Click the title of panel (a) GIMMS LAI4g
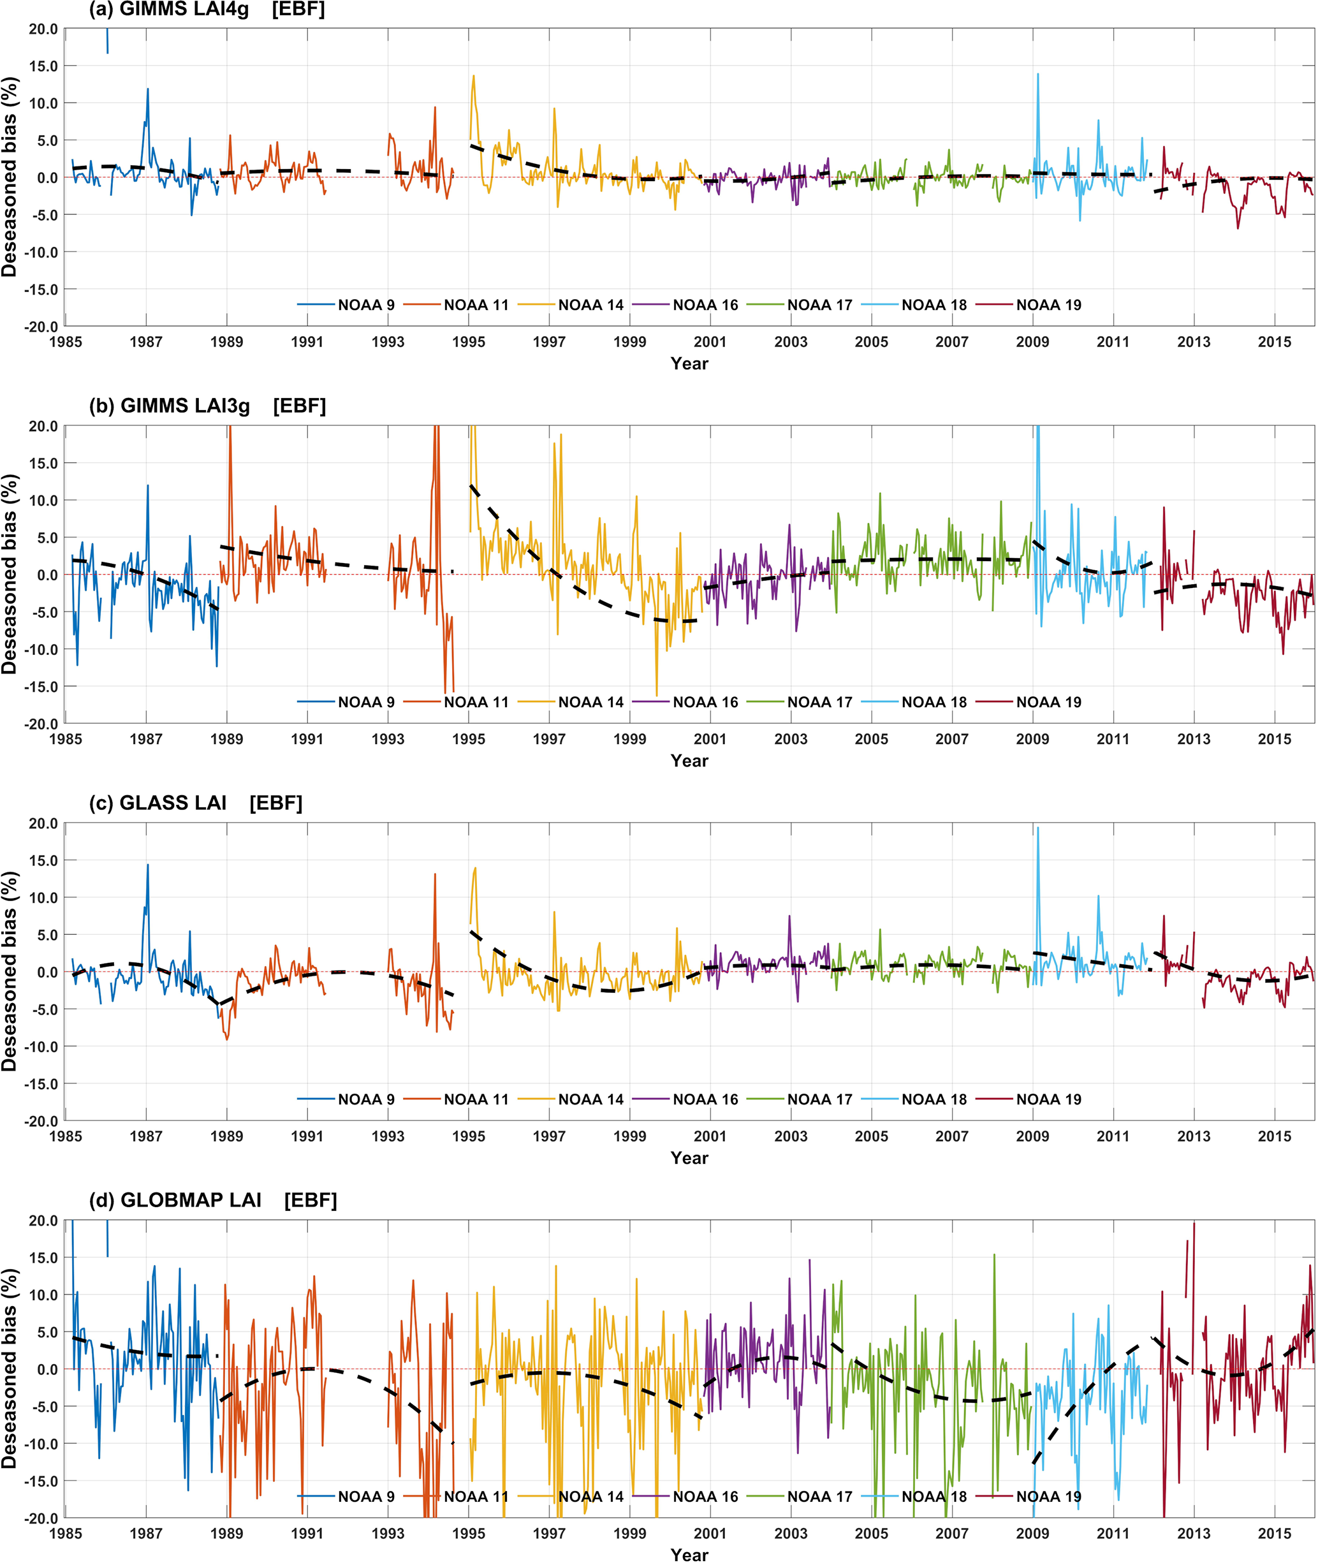coord(206,10)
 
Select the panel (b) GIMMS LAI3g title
coord(207,406)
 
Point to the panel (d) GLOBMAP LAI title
coord(212,1200)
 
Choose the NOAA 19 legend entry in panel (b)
coord(1048,702)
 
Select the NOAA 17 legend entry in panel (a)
coord(819,305)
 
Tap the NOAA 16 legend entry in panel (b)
coord(705,702)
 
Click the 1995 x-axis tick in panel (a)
coord(469,342)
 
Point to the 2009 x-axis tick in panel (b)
coord(1032,739)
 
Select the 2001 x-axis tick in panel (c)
coord(710,1136)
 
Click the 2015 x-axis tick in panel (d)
coord(1274,1533)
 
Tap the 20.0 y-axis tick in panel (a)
coord(43,29)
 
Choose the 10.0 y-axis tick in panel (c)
coord(43,897)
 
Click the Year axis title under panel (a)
coord(689,364)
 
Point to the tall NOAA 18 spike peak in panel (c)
coord(1037,828)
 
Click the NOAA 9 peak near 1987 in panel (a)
coord(147,89)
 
